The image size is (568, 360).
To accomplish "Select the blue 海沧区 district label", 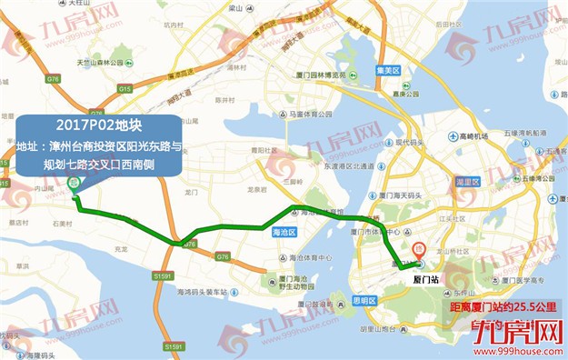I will pyautogui.click(x=284, y=233).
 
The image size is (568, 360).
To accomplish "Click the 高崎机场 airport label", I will pyautogui.click(x=473, y=135).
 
